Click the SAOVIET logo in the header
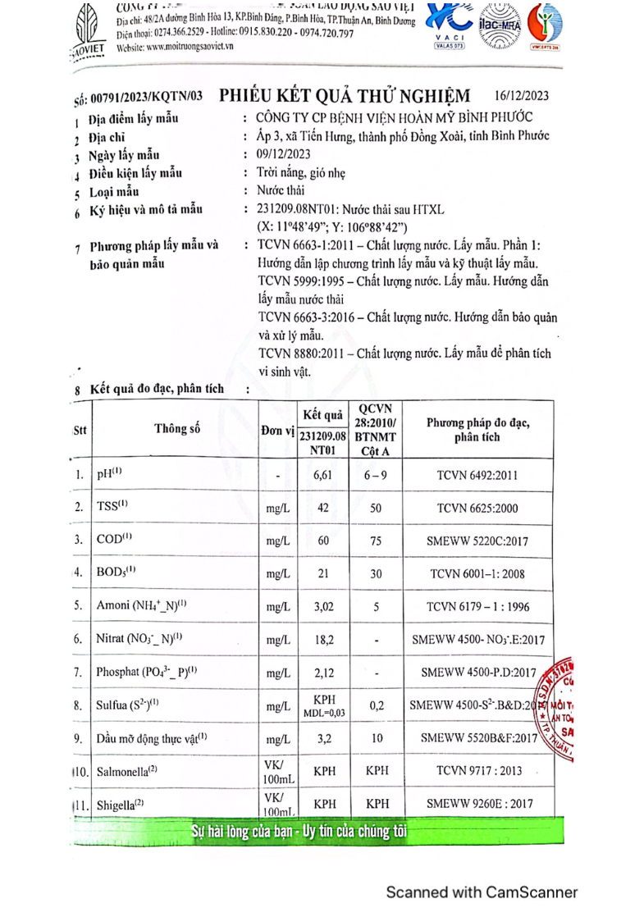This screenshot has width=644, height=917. coord(88,29)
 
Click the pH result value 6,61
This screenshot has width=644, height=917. coord(322,475)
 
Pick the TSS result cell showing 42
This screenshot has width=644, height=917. coord(322,509)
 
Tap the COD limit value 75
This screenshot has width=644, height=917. coord(376,541)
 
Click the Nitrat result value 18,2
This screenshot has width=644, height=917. coord(322,638)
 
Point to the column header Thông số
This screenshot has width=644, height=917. coord(176,427)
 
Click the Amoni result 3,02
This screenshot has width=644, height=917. coord(322,606)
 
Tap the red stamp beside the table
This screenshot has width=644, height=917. coord(558,705)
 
